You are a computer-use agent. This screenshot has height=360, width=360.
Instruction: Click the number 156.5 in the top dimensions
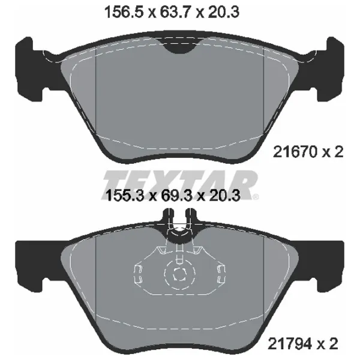[x=124, y=12]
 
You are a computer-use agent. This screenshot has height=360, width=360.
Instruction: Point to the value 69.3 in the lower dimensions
[x=176, y=196]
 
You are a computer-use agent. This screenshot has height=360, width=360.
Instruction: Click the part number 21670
[x=295, y=152]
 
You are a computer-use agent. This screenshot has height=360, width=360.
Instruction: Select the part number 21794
[x=290, y=343]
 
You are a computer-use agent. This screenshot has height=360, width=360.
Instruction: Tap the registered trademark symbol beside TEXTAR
[x=255, y=197]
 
